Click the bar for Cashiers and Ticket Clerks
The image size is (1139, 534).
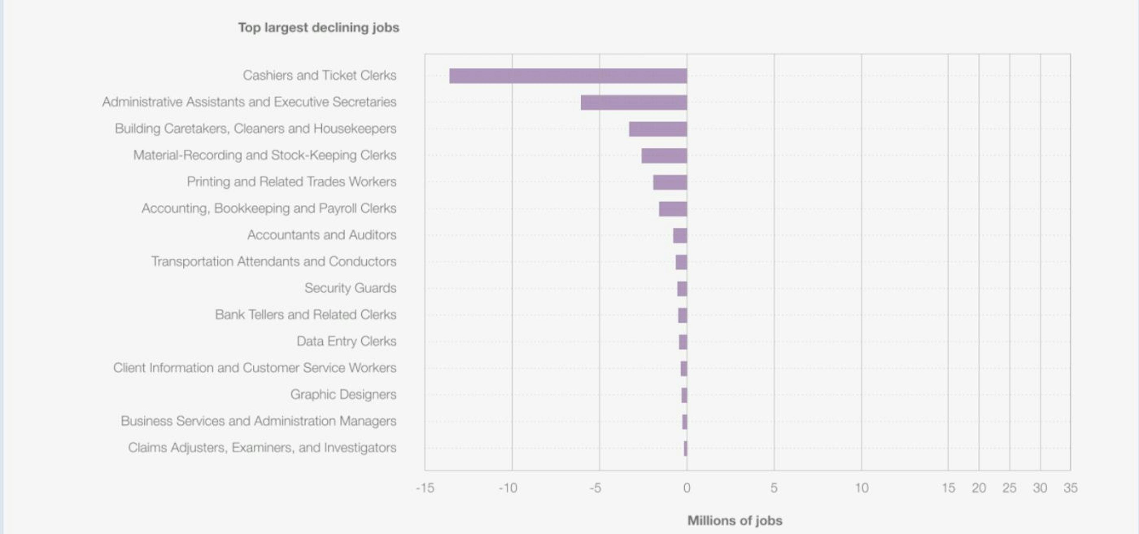pyautogui.click(x=568, y=76)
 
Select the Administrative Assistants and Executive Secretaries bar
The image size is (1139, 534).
pyautogui.click(x=634, y=102)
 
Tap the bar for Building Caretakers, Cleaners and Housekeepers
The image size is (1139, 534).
pyautogui.click(x=658, y=129)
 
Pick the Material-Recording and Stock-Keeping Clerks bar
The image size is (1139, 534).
pyautogui.click(x=664, y=155)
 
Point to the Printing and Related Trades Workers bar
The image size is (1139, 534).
pyautogui.click(x=670, y=182)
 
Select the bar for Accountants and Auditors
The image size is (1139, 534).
pyautogui.click(x=680, y=235)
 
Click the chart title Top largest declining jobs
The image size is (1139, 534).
pyautogui.click(x=318, y=27)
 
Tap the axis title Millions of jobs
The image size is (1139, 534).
pyautogui.click(x=734, y=520)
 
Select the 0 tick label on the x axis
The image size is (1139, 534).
pyautogui.click(x=686, y=488)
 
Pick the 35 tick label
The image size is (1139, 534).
pyautogui.click(x=1070, y=488)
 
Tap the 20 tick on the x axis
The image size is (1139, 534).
pyautogui.click(x=979, y=488)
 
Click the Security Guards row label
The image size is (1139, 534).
pyautogui.click(x=350, y=288)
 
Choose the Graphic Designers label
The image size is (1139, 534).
pyautogui.click(x=343, y=394)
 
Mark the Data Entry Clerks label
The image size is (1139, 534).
pyautogui.click(x=346, y=341)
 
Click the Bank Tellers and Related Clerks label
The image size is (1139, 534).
pyautogui.click(x=306, y=315)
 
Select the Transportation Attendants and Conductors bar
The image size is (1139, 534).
pyautogui.click(x=681, y=262)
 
